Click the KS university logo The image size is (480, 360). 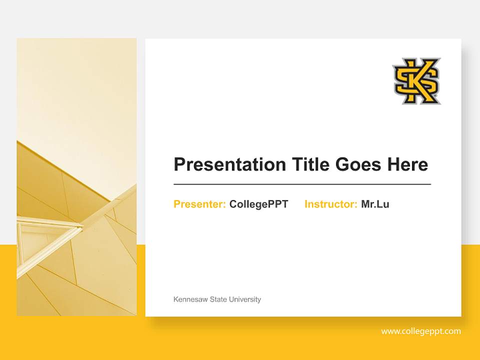point(416,81)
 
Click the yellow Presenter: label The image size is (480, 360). point(199,204)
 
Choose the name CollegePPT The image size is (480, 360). point(258,204)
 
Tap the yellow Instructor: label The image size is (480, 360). point(330,204)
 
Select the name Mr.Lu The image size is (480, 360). point(375,204)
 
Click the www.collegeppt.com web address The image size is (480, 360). point(421,331)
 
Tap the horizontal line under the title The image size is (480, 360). point(302,184)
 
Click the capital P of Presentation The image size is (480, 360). point(179,164)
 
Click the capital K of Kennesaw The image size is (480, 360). point(175,299)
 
